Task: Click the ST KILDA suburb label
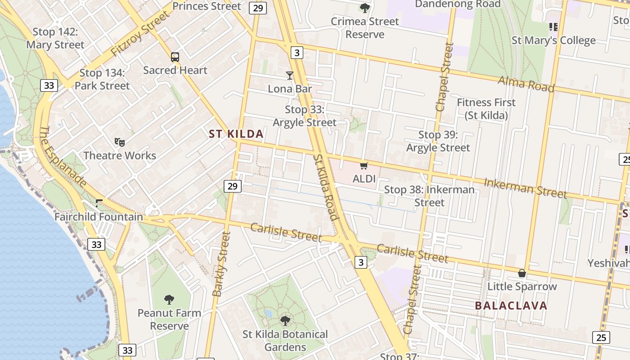[236, 134]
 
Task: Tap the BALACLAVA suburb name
[511, 306]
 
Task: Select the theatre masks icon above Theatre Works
[120, 142]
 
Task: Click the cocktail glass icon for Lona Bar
[290, 76]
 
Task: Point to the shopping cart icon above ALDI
[364, 166]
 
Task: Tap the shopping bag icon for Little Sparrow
[522, 273]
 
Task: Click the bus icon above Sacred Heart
[175, 57]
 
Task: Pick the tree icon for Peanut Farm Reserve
[169, 299]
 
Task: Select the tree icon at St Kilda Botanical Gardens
[285, 321]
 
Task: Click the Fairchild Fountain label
[99, 217]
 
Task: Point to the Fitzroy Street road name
[140, 34]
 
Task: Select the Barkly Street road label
[221, 264]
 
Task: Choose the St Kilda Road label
[325, 187]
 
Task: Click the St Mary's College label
[553, 40]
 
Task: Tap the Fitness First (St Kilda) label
[486, 109]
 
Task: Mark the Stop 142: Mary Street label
[55, 38]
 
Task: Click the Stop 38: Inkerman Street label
[429, 196]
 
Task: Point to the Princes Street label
[207, 6]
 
